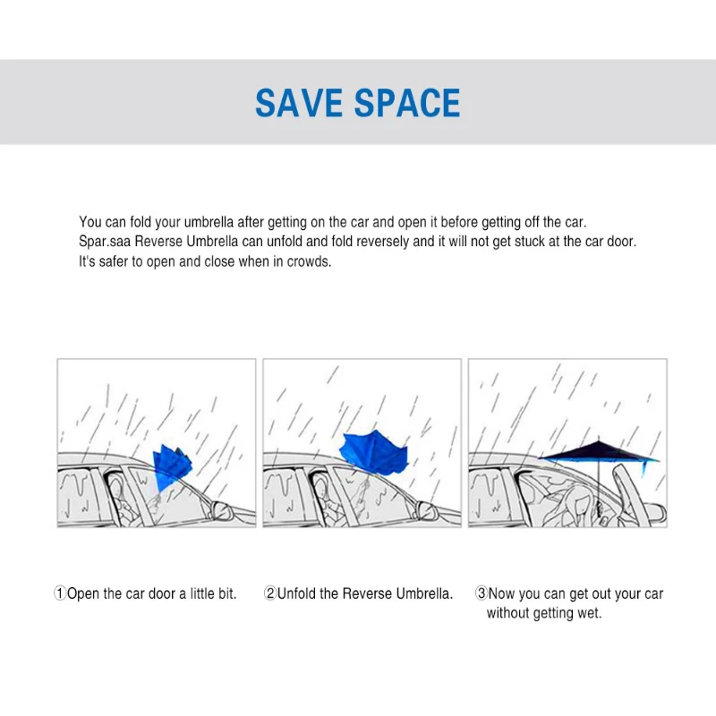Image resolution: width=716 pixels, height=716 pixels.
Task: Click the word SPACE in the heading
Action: pyautogui.click(x=409, y=104)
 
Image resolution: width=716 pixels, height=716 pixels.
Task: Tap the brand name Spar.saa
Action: pyautogui.click(x=106, y=243)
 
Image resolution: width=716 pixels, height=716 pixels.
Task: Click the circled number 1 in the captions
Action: pyautogui.click(x=60, y=593)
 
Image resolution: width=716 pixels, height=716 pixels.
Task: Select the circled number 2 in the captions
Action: pyautogui.click(x=269, y=593)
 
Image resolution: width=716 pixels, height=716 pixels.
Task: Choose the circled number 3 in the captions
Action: pyautogui.click(x=481, y=593)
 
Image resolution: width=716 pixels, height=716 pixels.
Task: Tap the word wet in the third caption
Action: pyautogui.click(x=590, y=613)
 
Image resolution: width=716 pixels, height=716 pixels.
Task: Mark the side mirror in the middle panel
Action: pyautogui.click(x=426, y=512)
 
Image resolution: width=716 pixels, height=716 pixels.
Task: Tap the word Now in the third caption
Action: pyautogui.click(x=502, y=593)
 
